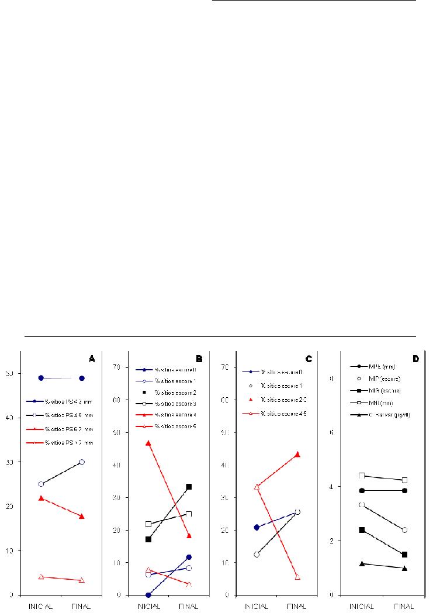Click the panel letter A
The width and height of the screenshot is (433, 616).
(92, 358)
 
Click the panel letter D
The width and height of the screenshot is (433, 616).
(415, 358)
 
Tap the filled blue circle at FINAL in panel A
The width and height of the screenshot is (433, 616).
(82, 378)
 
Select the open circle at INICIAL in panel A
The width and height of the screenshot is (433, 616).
(41, 484)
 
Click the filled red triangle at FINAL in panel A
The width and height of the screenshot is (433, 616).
(82, 516)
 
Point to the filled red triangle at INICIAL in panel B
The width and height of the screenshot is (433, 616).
(148, 443)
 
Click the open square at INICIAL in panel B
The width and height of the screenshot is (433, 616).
(148, 524)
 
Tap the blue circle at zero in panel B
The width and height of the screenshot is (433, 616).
(148, 595)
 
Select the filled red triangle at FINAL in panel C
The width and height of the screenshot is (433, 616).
(297, 454)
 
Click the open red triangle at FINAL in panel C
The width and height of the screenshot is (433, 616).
(297, 577)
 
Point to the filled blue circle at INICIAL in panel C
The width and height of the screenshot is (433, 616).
(257, 528)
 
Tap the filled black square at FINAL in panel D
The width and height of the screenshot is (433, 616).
(404, 555)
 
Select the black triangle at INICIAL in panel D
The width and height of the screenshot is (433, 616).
(362, 563)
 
